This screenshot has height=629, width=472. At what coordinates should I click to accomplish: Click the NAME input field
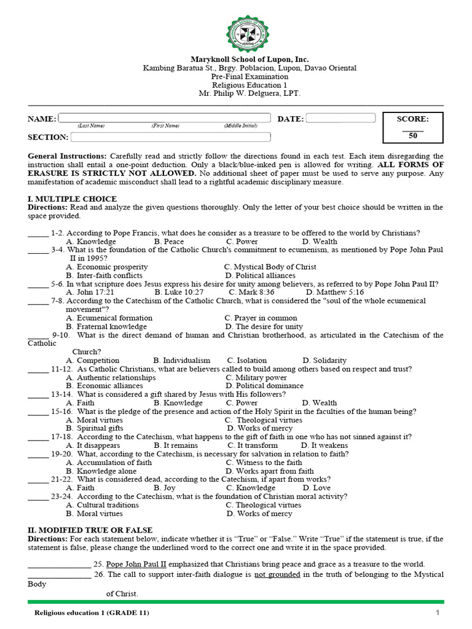pyautogui.click(x=165, y=118)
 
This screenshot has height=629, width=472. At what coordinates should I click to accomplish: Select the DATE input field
pyautogui.click(x=340, y=118)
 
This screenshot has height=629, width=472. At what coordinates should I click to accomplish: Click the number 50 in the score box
pyautogui.click(x=412, y=136)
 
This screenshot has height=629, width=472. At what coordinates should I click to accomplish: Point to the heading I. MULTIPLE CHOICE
pyautogui.click(x=72, y=199)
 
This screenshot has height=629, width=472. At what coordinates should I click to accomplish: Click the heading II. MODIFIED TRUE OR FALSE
pyautogui.click(x=90, y=530)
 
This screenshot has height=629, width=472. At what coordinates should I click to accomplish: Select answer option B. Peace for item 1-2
pyautogui.click(x=169, y=242)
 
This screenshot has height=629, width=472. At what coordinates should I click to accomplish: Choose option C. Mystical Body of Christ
pyautogui.click(x=270, y=267)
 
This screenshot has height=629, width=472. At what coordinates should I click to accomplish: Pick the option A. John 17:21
pyautogui.click(x=90, y=292)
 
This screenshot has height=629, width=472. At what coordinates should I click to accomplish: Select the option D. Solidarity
pyautogui.click(x=324, y=361)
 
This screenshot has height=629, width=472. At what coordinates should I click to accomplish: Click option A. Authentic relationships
pyautogui.click(x=111, y=378)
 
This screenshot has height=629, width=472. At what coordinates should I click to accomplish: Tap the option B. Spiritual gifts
pyautogui.click(x=95, y=428)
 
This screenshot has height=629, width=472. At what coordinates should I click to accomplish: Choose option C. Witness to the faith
pyautogui.click(x=264, y=463)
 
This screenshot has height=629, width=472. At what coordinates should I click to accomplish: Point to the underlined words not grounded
pyautogui.click(x=277, y=574)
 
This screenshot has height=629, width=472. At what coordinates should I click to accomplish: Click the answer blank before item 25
pyautogui.click(x=59, y=565)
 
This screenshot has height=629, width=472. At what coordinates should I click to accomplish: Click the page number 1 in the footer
pyautogui.click(x=438, y=613)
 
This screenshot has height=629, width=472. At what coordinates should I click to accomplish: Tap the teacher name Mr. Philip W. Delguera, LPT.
pyautogui.click(x=249, y=94)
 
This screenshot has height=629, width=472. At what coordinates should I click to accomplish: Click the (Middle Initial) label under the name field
pyautogui.click(x=240, y=126)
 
